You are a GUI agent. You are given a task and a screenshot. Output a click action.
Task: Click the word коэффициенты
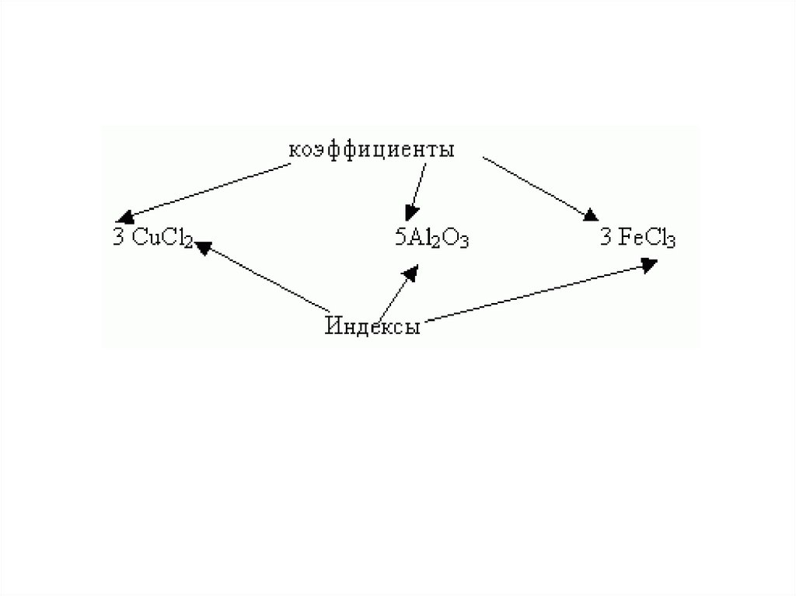372,150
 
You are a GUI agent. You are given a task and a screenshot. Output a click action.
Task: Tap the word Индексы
372,326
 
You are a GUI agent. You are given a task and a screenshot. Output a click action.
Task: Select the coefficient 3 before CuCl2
118,237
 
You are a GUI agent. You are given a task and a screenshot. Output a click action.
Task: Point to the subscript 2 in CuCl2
188,241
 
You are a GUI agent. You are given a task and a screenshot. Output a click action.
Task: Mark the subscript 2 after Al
432,242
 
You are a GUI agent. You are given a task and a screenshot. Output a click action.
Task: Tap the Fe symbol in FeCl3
627,238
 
